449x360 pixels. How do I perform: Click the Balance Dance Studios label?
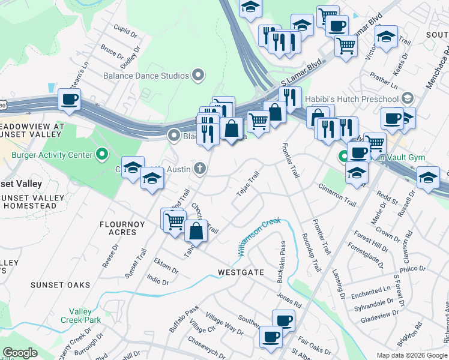pyautogui.click(x=146, y=76)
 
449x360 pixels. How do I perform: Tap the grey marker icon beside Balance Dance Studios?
pyautogui.click(x=198, y=76)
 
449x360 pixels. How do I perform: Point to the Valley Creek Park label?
pyautogui.click(x=80, y=316)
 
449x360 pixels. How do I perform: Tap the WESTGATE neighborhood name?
pyautogui.click(x=241, y=272)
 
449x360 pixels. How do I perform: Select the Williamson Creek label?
pyautogui.click(x=259, y=238)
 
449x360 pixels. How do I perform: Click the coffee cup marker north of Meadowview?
pyautogui.click(x=70, y=100)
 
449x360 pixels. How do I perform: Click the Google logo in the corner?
pyautogui.click(x=20, y=353)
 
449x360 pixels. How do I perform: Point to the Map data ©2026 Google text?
pyautogui.click(x=411, y=355)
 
